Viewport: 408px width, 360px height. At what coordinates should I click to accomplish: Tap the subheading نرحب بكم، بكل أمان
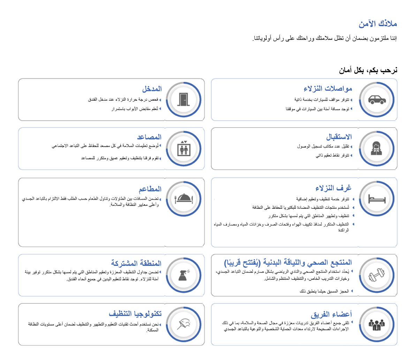coord(369,70)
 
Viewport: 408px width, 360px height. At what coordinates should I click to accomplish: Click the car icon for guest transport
coord(377,100)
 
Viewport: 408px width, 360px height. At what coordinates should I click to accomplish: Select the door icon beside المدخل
coord(184,100)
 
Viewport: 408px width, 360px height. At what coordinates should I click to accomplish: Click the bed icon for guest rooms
coord(377,199)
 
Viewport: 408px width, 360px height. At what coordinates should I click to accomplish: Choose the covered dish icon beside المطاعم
coord(184,199)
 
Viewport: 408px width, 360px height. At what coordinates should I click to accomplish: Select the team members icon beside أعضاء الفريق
coord(377,324)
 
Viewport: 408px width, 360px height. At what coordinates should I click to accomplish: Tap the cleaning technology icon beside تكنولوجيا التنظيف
coord(184,324)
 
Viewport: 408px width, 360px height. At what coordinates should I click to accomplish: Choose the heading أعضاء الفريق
coord(332,312)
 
